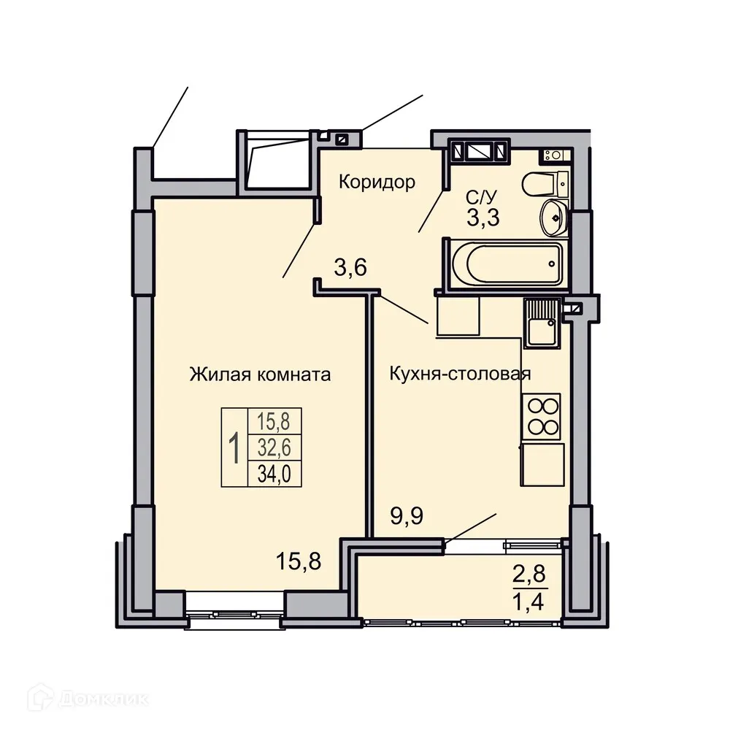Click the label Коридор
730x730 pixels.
tap(377, 182)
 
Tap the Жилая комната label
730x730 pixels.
tap(260, 375)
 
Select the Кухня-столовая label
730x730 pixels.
tap(459, 375)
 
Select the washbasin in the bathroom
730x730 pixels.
tap(554, 218)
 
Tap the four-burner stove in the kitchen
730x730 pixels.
tap(541, 415)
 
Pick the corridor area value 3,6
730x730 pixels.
tap(350, 268)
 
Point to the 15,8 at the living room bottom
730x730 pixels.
tap(299, 561)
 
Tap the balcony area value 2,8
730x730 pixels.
tap(529, 575)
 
